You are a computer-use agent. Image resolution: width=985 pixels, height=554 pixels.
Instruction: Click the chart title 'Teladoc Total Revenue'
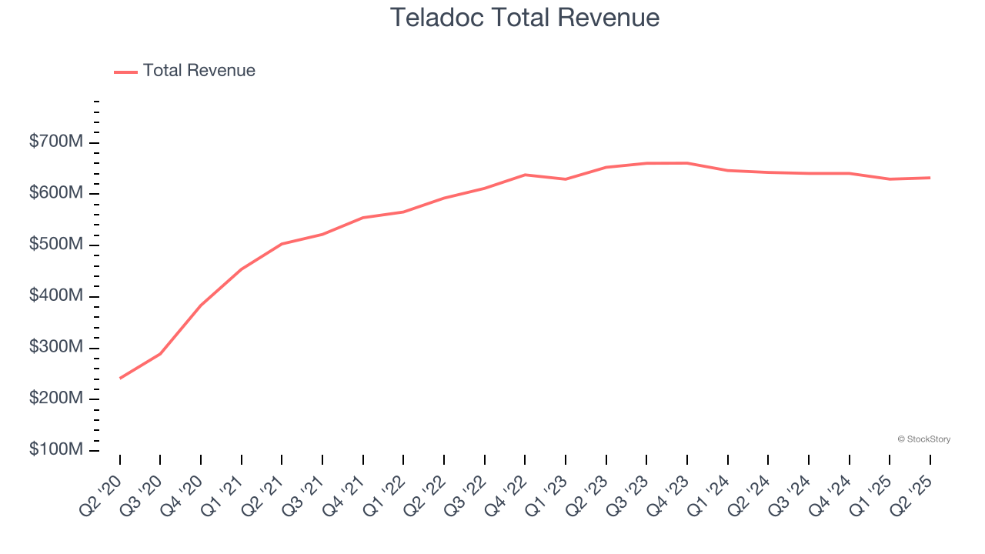coord(525,18)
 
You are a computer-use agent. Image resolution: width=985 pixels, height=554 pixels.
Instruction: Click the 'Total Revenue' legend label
coord(199,71)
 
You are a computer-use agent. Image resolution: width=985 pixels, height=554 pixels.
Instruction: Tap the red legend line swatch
coord(125,72)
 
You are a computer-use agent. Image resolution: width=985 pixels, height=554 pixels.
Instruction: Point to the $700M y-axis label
coord(56,142)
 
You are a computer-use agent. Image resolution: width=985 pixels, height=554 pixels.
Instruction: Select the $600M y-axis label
coord(56,194)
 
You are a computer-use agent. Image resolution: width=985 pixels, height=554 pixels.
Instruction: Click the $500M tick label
coord(56,245)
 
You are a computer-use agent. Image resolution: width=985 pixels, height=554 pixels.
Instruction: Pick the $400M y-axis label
coord(56,296)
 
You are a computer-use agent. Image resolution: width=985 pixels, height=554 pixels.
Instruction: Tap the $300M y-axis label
coord(56,348)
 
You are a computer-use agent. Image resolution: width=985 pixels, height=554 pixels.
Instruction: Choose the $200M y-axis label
coord(56,399)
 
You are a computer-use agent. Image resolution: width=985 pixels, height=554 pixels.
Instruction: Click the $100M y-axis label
coord(56,450)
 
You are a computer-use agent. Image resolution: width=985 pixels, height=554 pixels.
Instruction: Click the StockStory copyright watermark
coord(923,439)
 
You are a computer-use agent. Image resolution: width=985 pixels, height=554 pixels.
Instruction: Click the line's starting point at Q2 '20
coord(120,379)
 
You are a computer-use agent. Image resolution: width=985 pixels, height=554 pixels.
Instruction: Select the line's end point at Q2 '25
coord(930,178)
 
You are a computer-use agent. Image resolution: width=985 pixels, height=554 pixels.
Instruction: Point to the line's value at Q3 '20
coord(160,354)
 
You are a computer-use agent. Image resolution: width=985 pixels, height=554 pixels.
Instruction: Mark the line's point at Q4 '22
coord(525,175)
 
